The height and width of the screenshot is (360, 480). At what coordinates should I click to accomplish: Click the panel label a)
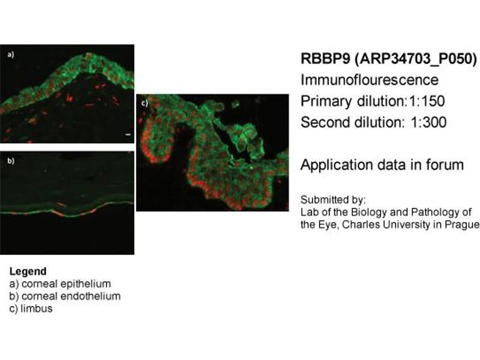pyautogui.click(x=11, y=55)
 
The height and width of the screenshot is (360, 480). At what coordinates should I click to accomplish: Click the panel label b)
pyautogui.click(x=11, y=161)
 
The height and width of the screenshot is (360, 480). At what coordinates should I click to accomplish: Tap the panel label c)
pyautogui.click(x=145, y=103)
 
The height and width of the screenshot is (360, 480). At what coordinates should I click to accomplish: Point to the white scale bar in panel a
pyautogui.click(x=128, y=134)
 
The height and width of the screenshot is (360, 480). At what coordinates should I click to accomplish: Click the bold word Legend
pyautogui.click(x=28, y=271)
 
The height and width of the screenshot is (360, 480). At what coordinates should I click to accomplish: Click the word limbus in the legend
pyautogui.click(x=37, y=308)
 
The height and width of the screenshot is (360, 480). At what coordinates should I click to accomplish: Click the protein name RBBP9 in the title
pyautogui.click(x=325, y=58)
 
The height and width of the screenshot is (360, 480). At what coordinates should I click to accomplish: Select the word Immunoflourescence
pyautogui.click(x=370, y=80)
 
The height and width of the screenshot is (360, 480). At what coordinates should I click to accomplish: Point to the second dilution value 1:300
pyautogui.click(x=428, y=122)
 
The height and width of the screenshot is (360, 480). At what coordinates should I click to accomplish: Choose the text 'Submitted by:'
pyautogui.click(x=333, y=200)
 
